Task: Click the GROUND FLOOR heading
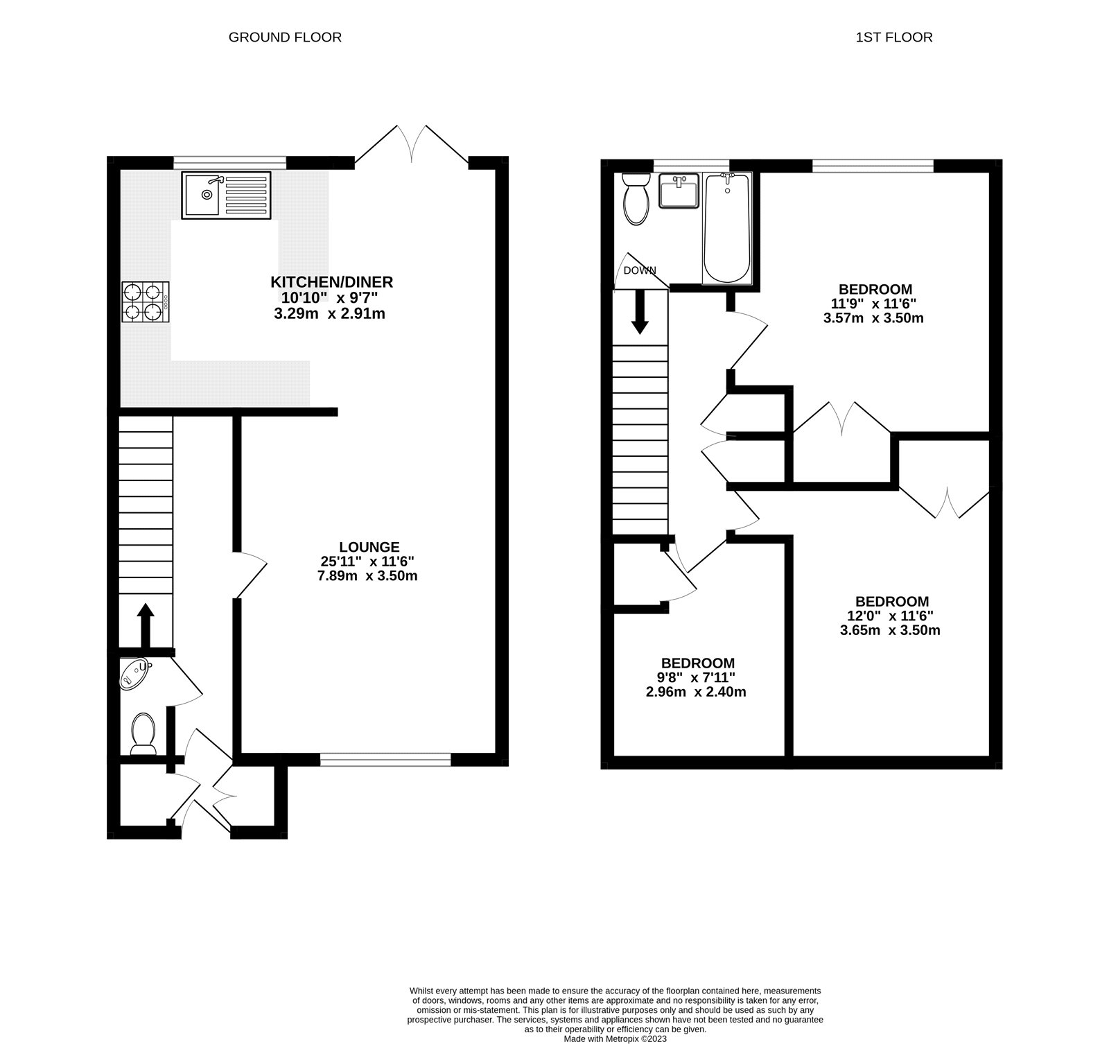pyautogui.click(x=285, y=37)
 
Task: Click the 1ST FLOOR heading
pyautogui.click(x=893, y=37)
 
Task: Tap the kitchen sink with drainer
pyautogui.click(x=227, y=195)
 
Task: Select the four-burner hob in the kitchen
pyautogui.click(x=146, y=302)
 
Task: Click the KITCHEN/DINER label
pyautogui.click(x=331, y=282)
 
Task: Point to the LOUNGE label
pyautogui.click(x=369, y=547)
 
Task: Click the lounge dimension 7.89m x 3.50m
pyautogui.click(x=367, y=576)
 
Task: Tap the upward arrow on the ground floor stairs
pyautogui.click(x=145, y=625)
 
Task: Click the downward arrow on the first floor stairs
pyautogui.click(x=640, y=313)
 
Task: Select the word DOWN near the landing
pyautogui.click(x=639, y=270)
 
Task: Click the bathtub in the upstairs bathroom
pyautogui.click(x=726, y=228)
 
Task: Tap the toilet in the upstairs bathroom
pyautogui.click(x=635, y=200)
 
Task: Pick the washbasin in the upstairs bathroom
pyautogui.click(x=679, y=191)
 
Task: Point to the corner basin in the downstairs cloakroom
pyautogui.click(x=134, y=673)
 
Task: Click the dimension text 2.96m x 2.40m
pyautogui.click(x=697, y=692)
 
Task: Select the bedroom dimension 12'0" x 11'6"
pyautogui.click(x=890, y=616)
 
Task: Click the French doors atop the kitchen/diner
pyautogui.click(x=412, y=144)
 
